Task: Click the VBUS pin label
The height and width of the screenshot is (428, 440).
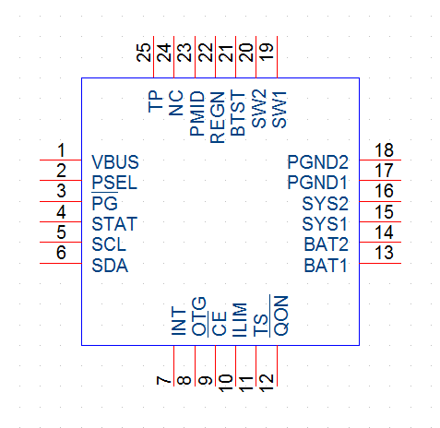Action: point(115,162)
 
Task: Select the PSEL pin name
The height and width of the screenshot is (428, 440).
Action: point(114,183)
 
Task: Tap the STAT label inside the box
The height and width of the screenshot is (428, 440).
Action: point(114,224)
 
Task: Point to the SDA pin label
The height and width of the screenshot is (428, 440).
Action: point(110,266)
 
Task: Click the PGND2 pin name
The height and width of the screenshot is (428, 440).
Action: point(317,162)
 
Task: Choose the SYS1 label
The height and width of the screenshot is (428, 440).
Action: point(325,224)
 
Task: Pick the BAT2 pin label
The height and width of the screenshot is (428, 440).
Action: point(327,244)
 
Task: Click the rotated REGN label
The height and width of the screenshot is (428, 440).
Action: point(218,118)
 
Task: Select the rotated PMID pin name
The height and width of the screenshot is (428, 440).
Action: point(197,113)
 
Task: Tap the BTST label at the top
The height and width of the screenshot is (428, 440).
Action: point(238,113)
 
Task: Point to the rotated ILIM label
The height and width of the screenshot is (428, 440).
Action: point(240,320)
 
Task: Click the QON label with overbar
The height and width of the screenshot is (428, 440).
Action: point(280,315)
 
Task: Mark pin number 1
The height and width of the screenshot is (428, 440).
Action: point(61,150)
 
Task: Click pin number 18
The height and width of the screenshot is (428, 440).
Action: point(384,150)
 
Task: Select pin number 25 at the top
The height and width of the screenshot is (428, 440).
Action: point(144,53)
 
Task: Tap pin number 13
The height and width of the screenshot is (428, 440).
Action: point(384,253)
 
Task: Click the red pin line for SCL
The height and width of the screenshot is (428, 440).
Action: point(61,243)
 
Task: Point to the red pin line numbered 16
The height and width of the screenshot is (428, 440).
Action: point(380,201)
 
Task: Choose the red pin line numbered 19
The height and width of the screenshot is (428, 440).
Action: point(277,57)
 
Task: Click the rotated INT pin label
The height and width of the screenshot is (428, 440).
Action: point(179,321)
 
